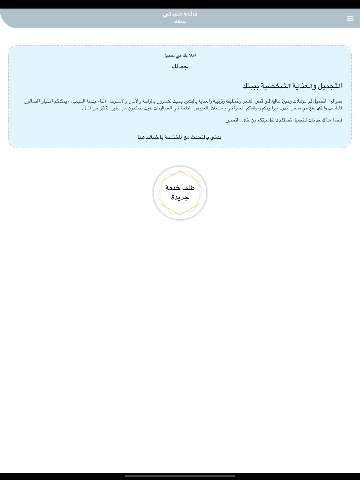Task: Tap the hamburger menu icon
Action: click(x=350, y=18)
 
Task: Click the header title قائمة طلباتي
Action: click(x=180, y=14)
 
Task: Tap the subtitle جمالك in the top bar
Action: click(x=180, y=22)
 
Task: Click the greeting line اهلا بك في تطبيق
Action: click(x=180, y=55)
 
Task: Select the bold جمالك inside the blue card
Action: click(x=180, y=67)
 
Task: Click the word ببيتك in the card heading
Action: click(x=251, y=86)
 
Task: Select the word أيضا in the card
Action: click(x=337, y=120)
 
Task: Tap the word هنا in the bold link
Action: click(x=141, y=137)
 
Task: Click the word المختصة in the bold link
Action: click(x=174, y=137)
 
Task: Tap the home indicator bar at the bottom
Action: click(x=180, y=476)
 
